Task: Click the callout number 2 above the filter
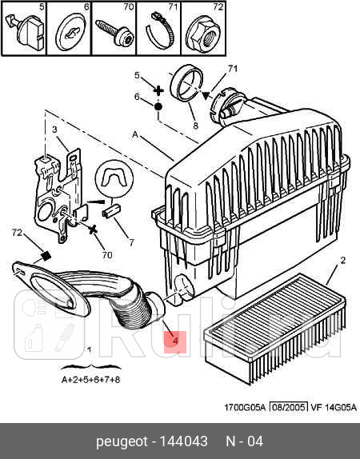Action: point(342,261)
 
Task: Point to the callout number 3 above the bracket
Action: point(54,130)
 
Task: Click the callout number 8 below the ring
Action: point(195,126)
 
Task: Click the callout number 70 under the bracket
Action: point(106,255)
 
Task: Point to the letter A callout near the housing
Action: point(138,137)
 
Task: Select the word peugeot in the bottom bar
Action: point(124,441)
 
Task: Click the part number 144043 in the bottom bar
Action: point(186,441)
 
